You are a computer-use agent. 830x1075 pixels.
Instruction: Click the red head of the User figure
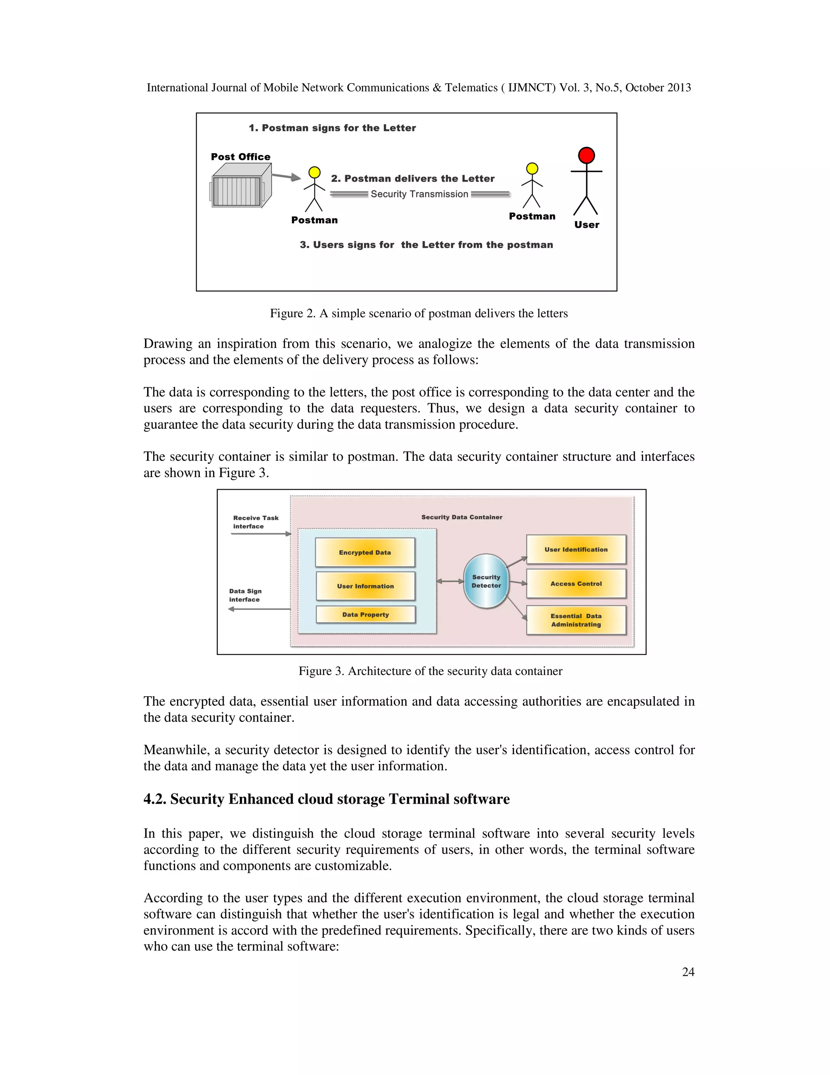tap(586, 155)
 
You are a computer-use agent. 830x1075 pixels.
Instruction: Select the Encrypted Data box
tap(365, 552)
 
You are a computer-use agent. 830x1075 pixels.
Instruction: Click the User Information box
tap(365, 586)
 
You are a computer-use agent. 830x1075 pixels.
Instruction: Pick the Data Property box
tap(365, 614)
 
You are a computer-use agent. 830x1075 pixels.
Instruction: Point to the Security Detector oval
tap(486, 581)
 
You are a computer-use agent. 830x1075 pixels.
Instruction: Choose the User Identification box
tap(576, 549)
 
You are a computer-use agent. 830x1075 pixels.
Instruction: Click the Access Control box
tap(576, 583)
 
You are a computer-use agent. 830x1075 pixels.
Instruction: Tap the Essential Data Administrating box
tap(576, 620)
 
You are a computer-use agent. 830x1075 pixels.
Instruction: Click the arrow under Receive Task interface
tap(261, 533)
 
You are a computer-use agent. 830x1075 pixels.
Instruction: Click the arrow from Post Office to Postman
tap(286, 176)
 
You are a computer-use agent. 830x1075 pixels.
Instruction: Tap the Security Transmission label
tap(419, 194)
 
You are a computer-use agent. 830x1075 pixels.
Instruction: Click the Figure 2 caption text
tap(418, 314)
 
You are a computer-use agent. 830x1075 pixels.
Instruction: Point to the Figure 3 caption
tap(430, 671)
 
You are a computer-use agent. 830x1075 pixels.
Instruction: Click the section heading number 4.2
tap(155, 799)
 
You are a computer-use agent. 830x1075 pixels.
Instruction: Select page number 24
tap(688, 972)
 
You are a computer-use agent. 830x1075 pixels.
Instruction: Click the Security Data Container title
tap(462, 517)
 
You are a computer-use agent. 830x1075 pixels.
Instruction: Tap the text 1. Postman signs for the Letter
tap(332, 128)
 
